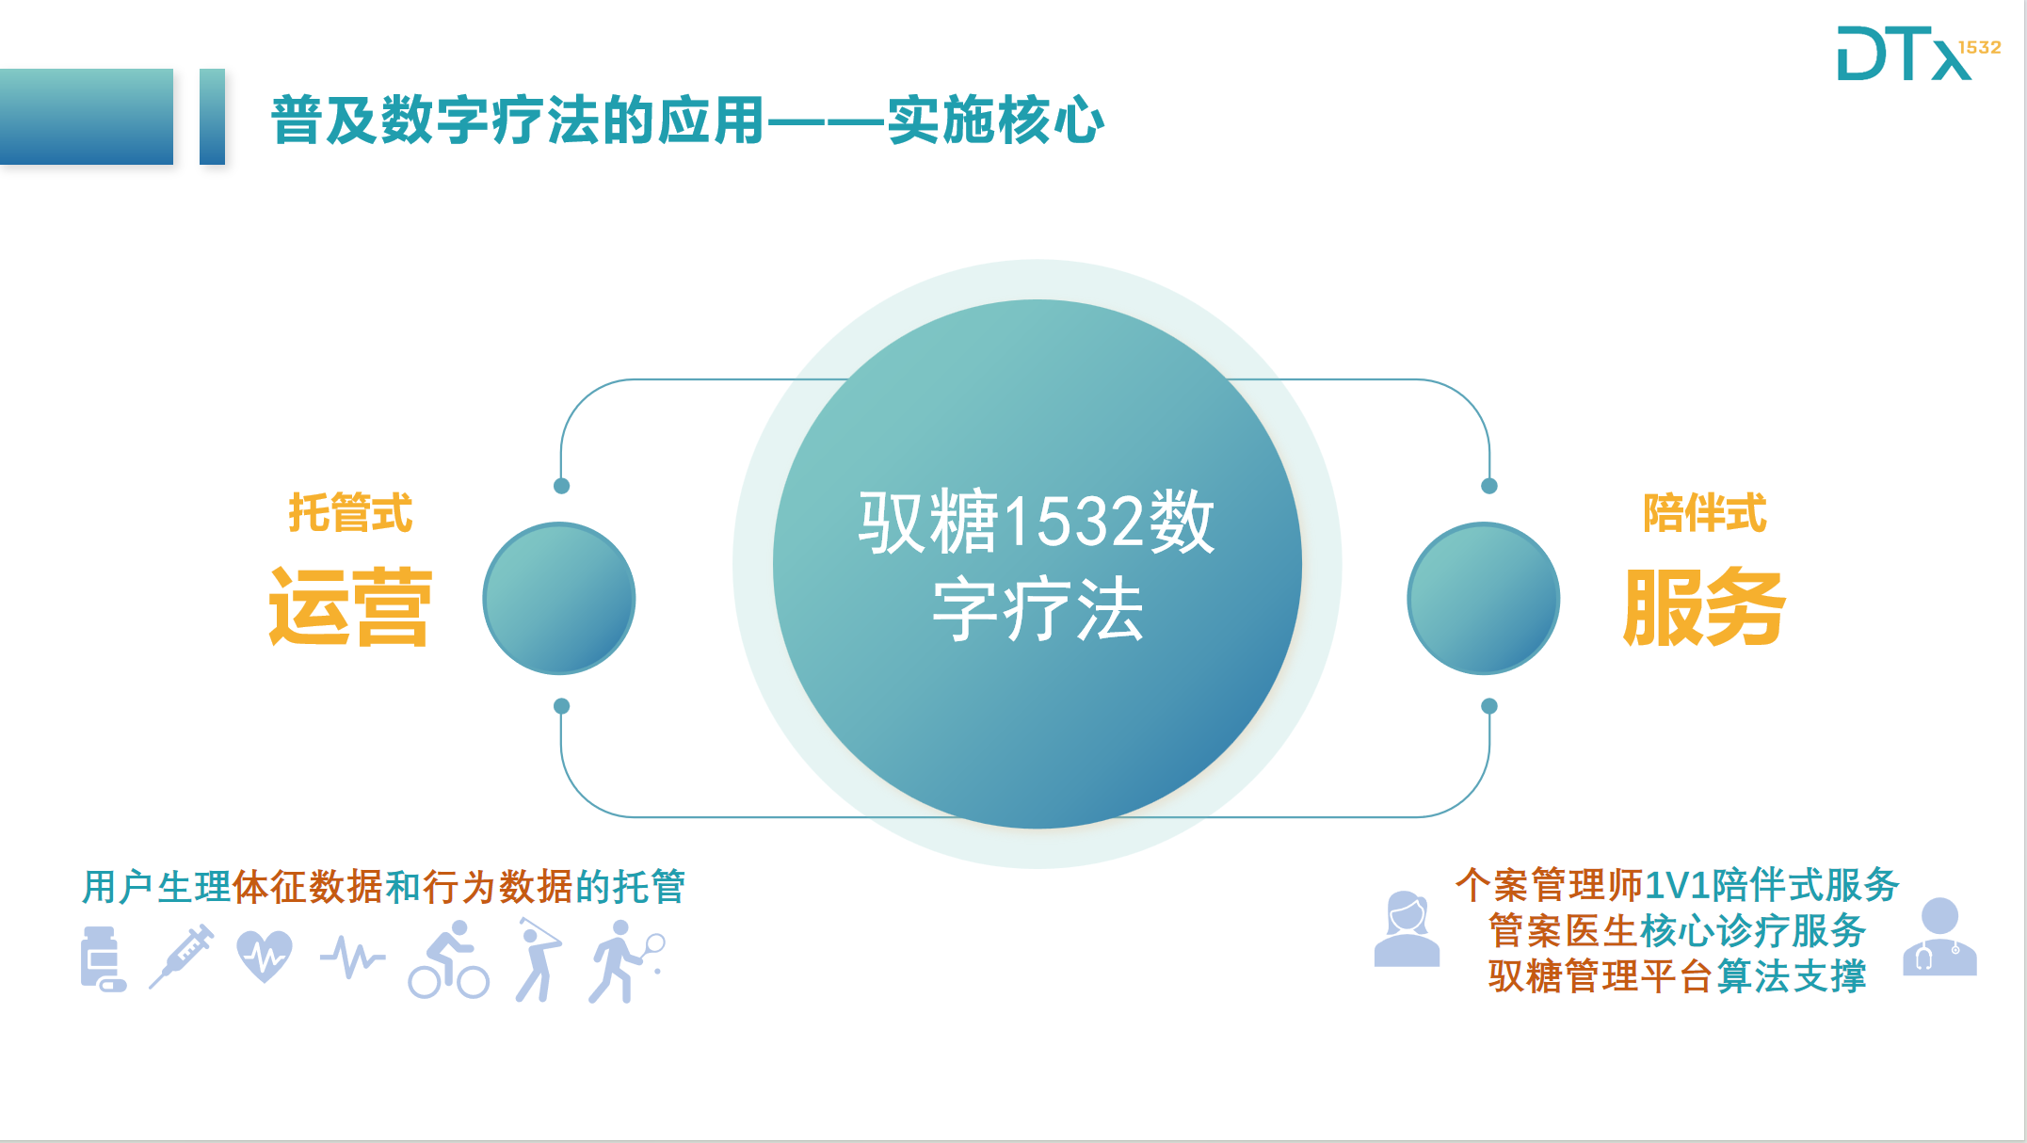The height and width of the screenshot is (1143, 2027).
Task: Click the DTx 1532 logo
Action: [x=1919, y=53]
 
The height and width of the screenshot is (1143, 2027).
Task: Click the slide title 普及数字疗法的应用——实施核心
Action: [x=687, y=121]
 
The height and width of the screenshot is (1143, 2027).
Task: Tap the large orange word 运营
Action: [x=350, y=606]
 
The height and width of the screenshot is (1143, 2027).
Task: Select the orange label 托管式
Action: [x=350, y=513]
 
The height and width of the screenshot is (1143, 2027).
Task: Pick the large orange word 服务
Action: [x=1704, y=606]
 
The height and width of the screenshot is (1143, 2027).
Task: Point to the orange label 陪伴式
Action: [x=1704, y=513]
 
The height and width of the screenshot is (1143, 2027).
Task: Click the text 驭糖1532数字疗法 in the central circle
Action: [x=1037, y=565]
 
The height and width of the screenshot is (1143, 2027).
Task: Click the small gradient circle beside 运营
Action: [x=559, y=599]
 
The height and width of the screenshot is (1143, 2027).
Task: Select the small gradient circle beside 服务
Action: [x=1484, y=599]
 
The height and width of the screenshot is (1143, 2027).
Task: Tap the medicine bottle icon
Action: [x=104, y=958]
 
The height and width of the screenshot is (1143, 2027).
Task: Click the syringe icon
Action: [x=182, y=957]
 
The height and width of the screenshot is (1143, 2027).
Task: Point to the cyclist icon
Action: [x=449, y=959]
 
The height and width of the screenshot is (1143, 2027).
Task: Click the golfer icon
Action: [x=539, y=959]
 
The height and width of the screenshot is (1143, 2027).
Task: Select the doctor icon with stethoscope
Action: [x=1939, y=937]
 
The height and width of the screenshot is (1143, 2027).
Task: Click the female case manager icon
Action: [x=1407, y=929]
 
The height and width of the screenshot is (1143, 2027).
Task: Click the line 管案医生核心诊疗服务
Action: [x=1677, y=930]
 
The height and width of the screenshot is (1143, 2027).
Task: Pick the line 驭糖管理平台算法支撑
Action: [x=1677, y=975]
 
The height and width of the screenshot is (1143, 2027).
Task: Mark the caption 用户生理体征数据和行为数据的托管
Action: [x=384, y=886]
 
